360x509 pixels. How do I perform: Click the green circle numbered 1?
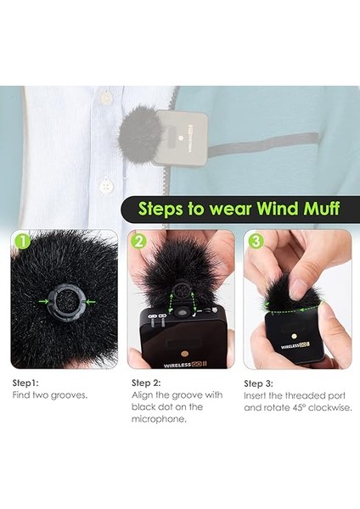point(20,243)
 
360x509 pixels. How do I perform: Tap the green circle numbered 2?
point(138,243)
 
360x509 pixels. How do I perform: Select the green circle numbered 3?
point(254,243)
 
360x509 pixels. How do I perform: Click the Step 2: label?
point(148,383)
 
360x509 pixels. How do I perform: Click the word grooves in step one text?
point(70,395)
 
